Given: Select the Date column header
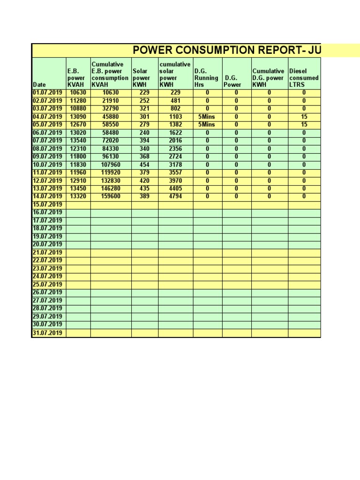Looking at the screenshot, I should pos(39,84).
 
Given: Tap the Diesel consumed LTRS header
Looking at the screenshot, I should pos(303,78).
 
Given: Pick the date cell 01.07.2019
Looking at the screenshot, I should pos(47,93).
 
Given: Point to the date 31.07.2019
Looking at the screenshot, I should pos(47,333).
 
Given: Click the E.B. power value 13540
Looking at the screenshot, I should pos(78,141).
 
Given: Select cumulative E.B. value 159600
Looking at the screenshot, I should pos(111,196).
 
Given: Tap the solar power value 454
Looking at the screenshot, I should pos(144,165).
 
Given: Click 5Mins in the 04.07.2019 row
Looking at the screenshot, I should pos(207,117).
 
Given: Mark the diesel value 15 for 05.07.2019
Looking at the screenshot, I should pos(304,125).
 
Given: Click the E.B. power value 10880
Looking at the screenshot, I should pos(78,109).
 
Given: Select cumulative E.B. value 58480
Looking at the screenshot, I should pos(111,133).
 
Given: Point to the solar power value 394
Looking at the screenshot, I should pos(144,141).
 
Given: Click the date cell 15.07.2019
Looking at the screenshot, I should pos(47,205).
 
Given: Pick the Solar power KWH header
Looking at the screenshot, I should pos(141,78).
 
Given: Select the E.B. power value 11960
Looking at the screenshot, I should pos(78,172).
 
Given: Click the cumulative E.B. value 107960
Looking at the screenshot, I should pos(111,165).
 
